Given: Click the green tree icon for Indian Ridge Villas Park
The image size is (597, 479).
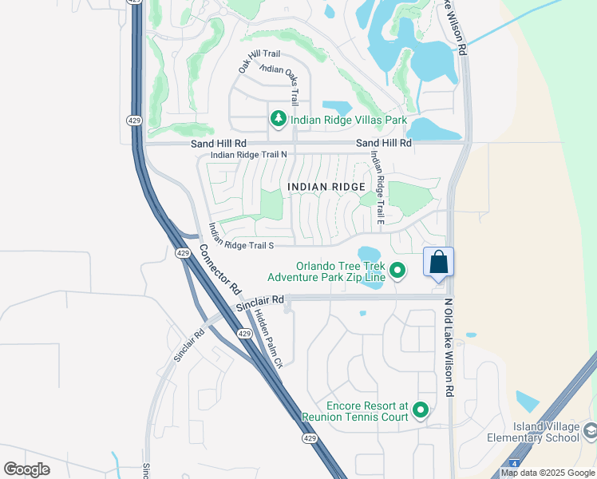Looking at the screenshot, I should click(278, 120).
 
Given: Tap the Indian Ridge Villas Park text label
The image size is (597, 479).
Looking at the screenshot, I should click(349, 121).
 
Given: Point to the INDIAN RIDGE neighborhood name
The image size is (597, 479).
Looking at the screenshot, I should click(326, 187).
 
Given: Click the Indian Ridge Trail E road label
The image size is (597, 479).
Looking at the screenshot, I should click(377, 189).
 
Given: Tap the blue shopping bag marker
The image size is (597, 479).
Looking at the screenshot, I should click(438, 262).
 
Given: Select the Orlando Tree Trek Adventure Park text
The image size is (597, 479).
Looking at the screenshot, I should click(325, 272).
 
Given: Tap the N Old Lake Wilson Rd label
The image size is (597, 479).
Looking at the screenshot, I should click(449, 349).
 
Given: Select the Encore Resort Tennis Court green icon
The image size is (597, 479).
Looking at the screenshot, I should click(421, 411).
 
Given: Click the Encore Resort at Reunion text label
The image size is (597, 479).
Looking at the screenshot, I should click(355, 411).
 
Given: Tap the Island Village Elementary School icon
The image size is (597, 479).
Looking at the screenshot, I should click(590, 431).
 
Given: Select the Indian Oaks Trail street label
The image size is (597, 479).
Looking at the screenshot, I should click(281, 81).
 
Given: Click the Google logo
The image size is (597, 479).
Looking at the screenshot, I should click(26, 469).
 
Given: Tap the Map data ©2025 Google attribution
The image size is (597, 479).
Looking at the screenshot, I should click(548, 473).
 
